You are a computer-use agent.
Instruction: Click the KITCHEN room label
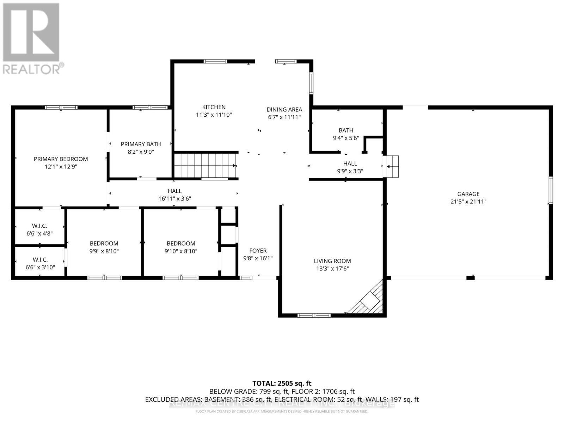[214, 107]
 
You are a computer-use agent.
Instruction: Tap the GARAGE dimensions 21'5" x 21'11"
[468, 202]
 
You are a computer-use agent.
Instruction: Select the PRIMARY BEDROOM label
[61, 159]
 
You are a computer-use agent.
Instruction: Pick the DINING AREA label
[284, 110]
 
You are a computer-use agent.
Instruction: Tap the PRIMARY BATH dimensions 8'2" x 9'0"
[141, 152]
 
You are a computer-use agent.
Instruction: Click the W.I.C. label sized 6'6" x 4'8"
[39, 226]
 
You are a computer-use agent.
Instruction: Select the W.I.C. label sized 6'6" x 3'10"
[40, 260]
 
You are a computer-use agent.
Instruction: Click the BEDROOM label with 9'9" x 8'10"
[104, 244]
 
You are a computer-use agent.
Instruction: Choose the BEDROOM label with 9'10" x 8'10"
[181, 244]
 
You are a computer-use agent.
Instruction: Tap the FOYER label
[258, 251]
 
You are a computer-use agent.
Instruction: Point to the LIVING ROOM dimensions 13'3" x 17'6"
[332, 269]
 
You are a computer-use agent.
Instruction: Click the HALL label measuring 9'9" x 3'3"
[350, 164]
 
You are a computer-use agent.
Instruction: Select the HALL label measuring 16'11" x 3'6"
[174, 191]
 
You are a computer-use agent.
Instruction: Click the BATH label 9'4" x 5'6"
[346, 130]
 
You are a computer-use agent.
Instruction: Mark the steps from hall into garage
[392, 166]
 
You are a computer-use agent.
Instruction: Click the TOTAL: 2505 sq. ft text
[282, 383]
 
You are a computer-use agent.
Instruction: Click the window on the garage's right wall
[550, 190]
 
